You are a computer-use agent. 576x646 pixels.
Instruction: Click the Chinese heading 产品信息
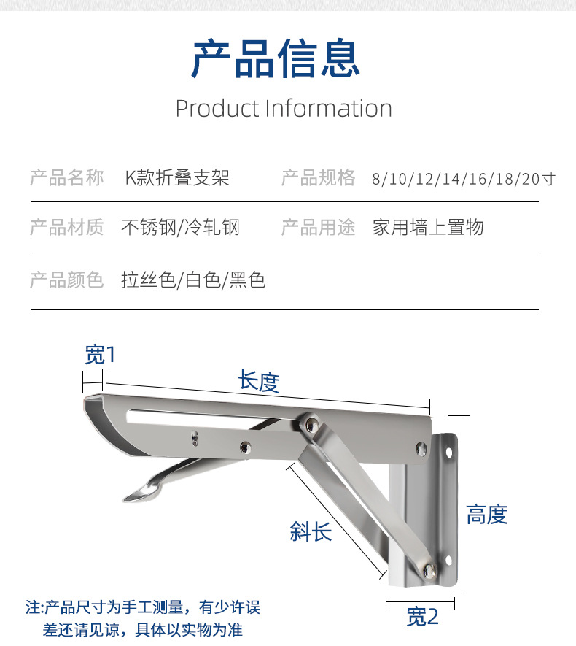click(x=276, y=59)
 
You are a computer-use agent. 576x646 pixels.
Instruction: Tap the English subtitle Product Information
click(x=284, y=109)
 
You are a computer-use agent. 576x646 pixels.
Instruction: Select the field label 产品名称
click(x=67, y=177)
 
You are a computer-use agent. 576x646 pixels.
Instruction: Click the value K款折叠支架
click(x=178, y=177)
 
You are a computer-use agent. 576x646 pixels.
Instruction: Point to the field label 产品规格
click(x=319, y=177)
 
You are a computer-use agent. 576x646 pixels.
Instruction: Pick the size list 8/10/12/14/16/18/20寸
click(x=463, y=179)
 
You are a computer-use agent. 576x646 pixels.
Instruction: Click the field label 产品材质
click(x=67, y=228)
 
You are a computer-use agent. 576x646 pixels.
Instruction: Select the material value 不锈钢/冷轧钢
click(x=180, y=228)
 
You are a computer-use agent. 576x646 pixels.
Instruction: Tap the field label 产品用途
click(x=319, y=228)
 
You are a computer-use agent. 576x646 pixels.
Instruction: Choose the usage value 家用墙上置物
click(x=428, y=228)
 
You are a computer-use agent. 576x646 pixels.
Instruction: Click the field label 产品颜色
click(x=67, y=280)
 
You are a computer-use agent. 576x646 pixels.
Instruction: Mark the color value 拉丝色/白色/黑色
click(x=193, y=280)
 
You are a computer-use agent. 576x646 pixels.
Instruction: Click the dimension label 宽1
click(x=100, y=355)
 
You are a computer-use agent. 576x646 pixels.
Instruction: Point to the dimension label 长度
click(x=259, y=380)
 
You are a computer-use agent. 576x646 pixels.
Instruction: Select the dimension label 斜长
click(x=311, y=531)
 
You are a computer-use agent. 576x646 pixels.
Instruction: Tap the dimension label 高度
click(x=486, y=515)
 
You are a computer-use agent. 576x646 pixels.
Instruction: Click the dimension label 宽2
click(x=423, y=617)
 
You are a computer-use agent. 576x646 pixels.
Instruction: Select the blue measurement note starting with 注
click(x=143, y=618)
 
